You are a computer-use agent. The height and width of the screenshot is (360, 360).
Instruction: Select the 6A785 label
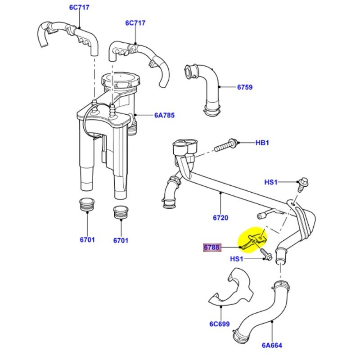point(164,116)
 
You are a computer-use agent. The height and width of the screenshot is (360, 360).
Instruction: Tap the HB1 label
point(262,143)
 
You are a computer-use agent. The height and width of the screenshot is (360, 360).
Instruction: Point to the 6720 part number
point(220,218)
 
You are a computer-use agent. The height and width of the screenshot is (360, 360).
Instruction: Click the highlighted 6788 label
point(211,247)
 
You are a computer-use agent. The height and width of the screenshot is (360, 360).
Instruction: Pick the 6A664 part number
point(272,346)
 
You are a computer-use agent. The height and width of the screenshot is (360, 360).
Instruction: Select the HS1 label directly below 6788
point(237,259)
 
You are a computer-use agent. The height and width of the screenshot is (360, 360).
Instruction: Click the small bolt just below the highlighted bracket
point(265,255)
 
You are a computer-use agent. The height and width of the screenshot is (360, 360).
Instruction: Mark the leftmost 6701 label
point(87,240)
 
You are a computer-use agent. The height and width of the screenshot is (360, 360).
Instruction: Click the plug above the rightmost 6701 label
point(120,212)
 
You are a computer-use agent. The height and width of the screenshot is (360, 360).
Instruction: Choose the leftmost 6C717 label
point(79,8)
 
